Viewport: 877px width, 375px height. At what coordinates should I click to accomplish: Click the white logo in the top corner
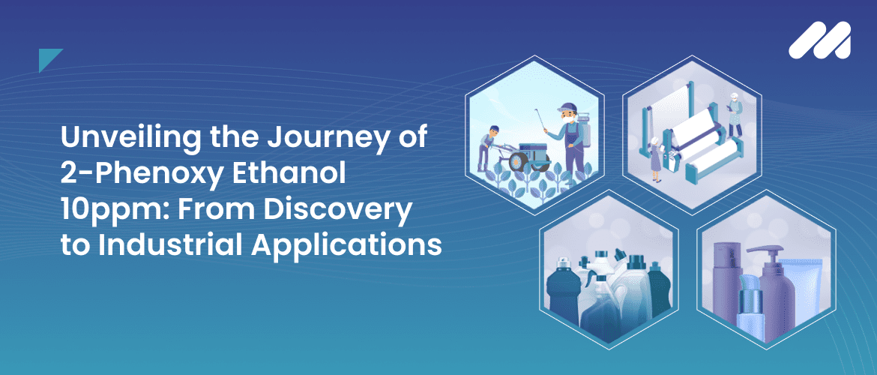coord(819,40)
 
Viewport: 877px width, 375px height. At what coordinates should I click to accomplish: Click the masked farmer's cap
coord(567,107)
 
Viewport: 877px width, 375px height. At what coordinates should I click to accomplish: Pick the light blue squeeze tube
coord(798,290)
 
